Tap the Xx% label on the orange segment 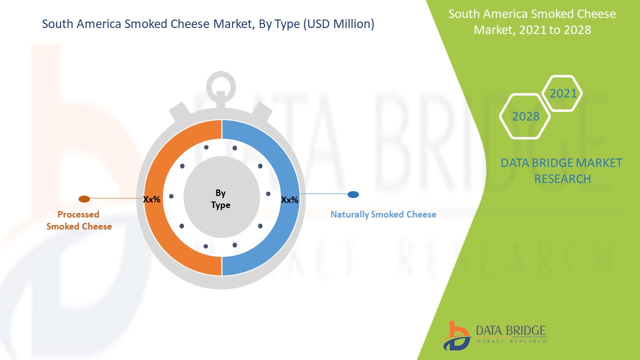pyautogui.click(x=151, y=199)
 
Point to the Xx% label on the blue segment pyautogui.click(x=289, y=200)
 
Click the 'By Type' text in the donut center pyautogui.click(x=220, y=199)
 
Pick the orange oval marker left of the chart pyautogui.click(x=84, y=199)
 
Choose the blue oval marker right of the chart pyautogui.click(x=353, y=194)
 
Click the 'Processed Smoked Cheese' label pyautogui.click(x=79, y=220)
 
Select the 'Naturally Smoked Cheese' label pyautogui.click(x=383, y=214)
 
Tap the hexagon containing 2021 pyautogui.click(x=562, y=93)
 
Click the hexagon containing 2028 pyautogui.click(x=525, y=116)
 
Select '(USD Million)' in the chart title pyautogui.click(x=338, y=24)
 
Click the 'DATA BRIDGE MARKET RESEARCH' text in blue pyautogui.click(x=562, y=170)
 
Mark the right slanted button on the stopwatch pyautogui.click(x=260, y=112)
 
